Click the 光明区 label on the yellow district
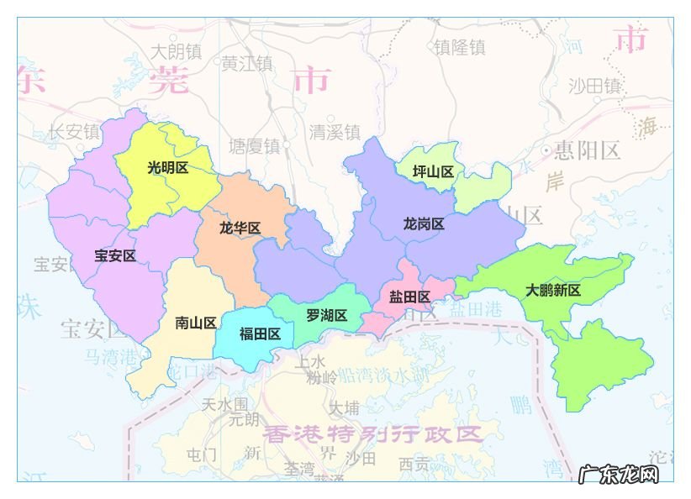[x=167, y=168]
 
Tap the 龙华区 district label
[x=240, y=228]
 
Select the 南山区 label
[x=196, y=323]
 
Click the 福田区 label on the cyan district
[x=260, y=334]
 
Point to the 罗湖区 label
[x=326, y=316]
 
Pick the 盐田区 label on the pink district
[x=409, y=297]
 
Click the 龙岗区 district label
[x=424, y=224]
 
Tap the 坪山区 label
[x=433, y=171]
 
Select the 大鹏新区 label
[x=553, y=291]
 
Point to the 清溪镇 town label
[x=335, y=132]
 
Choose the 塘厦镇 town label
[x=255, y=146]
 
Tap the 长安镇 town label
[x=74, y=132]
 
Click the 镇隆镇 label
[x=460, y=47]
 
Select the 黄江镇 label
[x=247, y=62]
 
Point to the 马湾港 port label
[x=109, y=356]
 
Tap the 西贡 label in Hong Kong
[x=414, y=462]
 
